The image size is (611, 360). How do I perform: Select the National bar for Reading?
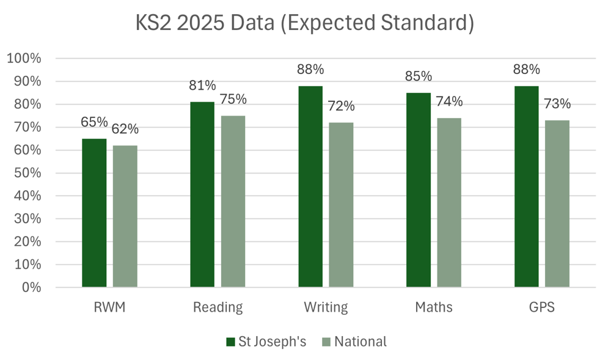point(233,201)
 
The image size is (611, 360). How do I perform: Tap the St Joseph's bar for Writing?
point(310,186)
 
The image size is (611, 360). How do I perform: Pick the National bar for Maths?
point(449,202)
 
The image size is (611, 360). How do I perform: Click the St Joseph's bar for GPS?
point(527,186)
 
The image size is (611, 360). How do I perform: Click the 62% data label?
point(125,129)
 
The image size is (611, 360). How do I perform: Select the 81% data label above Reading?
point(202,85)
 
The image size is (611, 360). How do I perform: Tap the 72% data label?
point(341,106)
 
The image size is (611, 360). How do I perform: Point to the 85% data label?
point(419,76)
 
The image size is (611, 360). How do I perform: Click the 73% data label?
point(557,103)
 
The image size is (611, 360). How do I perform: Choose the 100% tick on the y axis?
point(23,59)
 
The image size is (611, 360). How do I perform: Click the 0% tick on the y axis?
point(30,287)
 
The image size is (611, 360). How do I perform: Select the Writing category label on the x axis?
point(326,307)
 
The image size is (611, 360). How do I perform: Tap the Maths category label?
point(434,307)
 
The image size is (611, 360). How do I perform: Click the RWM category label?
point(109,307)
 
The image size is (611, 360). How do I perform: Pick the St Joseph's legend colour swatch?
point(230,342)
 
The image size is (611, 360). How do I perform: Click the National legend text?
point(360,342)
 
